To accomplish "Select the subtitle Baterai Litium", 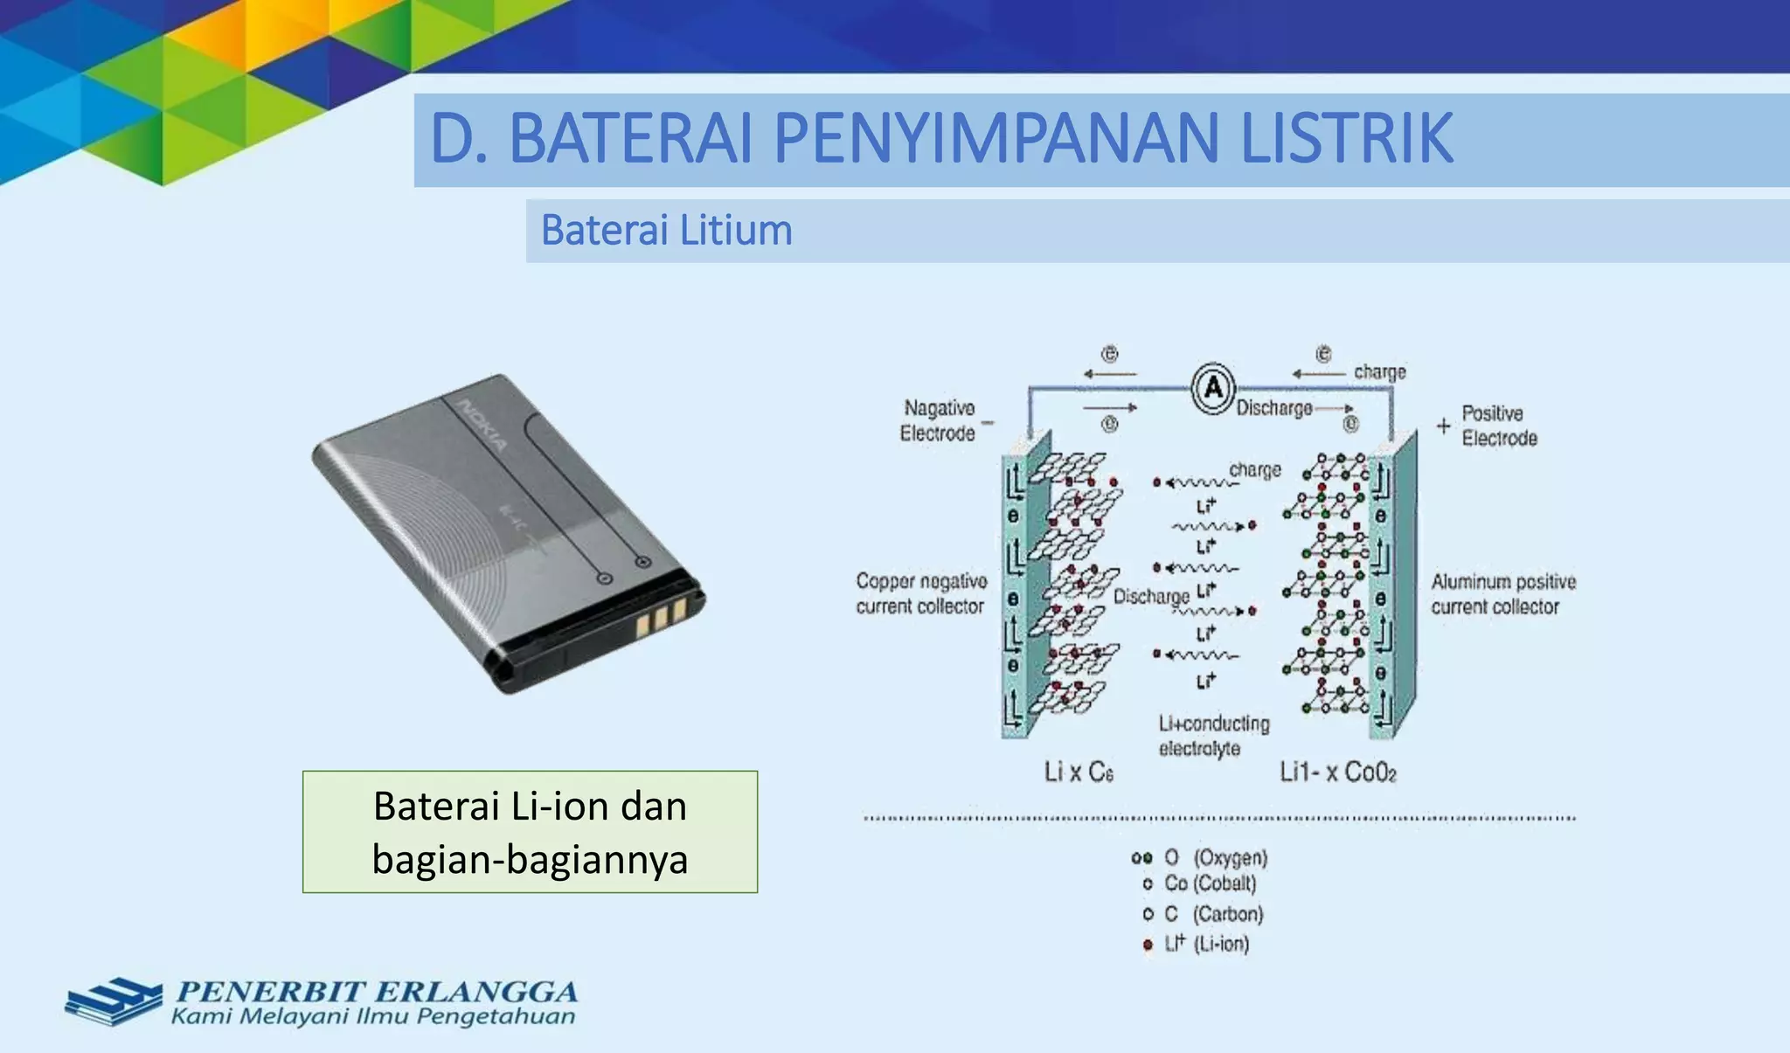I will [x=666, y=231].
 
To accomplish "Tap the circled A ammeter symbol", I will [x=1213, y=387].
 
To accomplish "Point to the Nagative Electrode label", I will [x=938, y=420].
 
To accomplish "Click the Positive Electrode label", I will [x=1498, y=426].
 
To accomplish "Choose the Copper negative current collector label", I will [x=920, y=593].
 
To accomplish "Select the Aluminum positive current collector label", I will [x=1502, y=593].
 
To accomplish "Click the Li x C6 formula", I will [x=1079, y=772].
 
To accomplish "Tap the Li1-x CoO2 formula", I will [x=1337, y=772].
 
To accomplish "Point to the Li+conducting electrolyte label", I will [x=1213, y=736].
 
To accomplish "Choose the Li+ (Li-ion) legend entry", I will [x=1206, y=944].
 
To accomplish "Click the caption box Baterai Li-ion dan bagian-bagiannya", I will [x=530, y=832].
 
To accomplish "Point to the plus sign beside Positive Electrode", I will [x=1443, y=426].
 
